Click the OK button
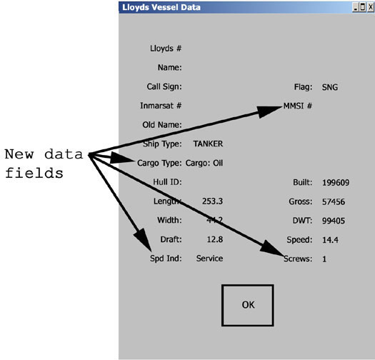click(248, 305)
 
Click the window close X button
click(371, 7)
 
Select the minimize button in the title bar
click(356, 7)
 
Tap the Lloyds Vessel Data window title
click(161, 7)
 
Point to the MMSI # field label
click(298, 106)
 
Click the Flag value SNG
click(330, 87)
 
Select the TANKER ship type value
click(208, 144)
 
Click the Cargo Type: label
click(159, 163)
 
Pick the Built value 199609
click(336, 183)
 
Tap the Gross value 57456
click(334, 202)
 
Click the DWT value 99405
click(334, 221)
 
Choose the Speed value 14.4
click(330, 240)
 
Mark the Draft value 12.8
click(215, 239)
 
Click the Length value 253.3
click(212, 201)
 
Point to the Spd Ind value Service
click(209, 259)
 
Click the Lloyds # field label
click(166, 49)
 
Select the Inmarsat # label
click(161, 106)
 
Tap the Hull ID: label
click(167, 182)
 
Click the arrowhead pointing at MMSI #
click(270, 111)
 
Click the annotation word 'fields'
click(34, 173)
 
